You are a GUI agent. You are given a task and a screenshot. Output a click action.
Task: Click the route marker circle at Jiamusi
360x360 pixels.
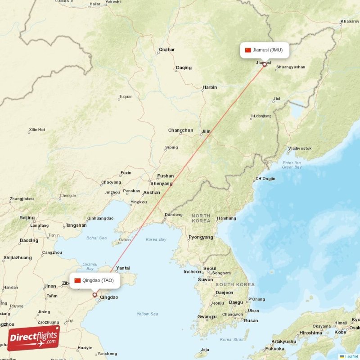264,64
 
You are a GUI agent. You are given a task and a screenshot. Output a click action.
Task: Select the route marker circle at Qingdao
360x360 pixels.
94,295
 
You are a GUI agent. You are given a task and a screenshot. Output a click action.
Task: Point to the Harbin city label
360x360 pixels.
209,87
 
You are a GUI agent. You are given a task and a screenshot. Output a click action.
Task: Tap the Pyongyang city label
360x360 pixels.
201,237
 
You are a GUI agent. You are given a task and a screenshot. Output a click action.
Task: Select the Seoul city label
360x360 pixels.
209,269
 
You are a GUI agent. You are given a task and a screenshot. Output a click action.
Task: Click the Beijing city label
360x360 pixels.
27,218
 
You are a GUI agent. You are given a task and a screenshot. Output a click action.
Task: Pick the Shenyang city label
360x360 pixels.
161,184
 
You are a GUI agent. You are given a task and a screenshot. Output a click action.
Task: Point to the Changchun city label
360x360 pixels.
180,130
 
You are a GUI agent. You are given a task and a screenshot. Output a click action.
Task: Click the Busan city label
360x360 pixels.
251,320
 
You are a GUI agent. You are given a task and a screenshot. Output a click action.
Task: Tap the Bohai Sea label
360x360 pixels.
97,238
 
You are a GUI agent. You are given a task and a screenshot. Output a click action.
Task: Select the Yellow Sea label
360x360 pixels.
147,314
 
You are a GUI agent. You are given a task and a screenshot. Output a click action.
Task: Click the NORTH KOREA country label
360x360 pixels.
200,218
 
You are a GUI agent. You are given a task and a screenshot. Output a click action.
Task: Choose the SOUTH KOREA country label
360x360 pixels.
234,284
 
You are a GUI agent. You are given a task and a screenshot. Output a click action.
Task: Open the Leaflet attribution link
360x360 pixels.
351,356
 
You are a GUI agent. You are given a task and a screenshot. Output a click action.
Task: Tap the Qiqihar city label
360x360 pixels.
166,49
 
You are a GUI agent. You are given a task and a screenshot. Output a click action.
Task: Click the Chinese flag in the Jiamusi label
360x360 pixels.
248,50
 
